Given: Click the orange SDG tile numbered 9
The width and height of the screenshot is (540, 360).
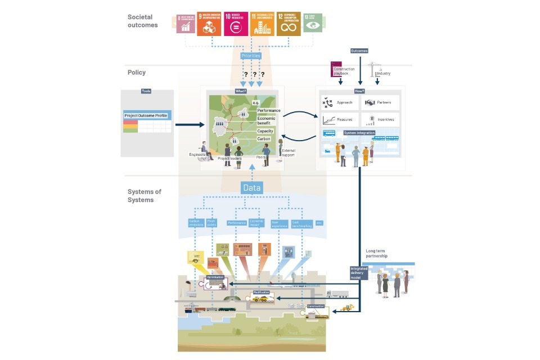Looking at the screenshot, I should pyautogui.click(x=209, y=25).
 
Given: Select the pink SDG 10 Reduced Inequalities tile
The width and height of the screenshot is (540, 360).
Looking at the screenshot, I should pyautogui.click(x=236, y=25).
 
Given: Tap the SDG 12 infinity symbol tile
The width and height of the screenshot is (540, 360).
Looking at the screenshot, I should pyautogui.click(x=288, y=25).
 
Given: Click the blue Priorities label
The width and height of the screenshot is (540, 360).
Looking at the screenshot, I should pyautogui.click(x=251, y=56).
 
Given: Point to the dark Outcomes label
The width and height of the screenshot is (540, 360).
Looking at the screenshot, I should pyautogui.click(x=359, y=51).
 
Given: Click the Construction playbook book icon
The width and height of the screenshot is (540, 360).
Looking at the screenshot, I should pyautogui.click(x=336, y=67).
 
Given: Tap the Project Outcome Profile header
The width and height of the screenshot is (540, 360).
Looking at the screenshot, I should pyautogui.click(x=146, y=116).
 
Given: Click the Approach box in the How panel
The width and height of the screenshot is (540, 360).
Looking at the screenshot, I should pyautogui.click(x=339, y=103).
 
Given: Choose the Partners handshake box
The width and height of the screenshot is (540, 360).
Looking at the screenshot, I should pyautogui.click(x=380, y=103).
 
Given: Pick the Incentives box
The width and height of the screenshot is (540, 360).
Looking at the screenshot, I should pyautogui.click(x=380, y=119).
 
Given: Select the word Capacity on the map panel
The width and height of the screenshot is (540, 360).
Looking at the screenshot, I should pyautogui.click(x=265, y=131).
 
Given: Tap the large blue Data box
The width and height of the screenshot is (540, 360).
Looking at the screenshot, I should pyautogui.click(x=252, y=188).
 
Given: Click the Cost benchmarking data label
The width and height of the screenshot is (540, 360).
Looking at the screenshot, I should pyautogui.click(x=302, y=223).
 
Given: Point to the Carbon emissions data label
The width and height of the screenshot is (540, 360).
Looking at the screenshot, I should pyautogui.click(x=195, y=223).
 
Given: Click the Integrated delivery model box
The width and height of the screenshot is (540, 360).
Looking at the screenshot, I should pyautogui.click(x=359, y=273).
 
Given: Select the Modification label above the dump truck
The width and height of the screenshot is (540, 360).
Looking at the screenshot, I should pyautogui.click(x=262, y=292).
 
